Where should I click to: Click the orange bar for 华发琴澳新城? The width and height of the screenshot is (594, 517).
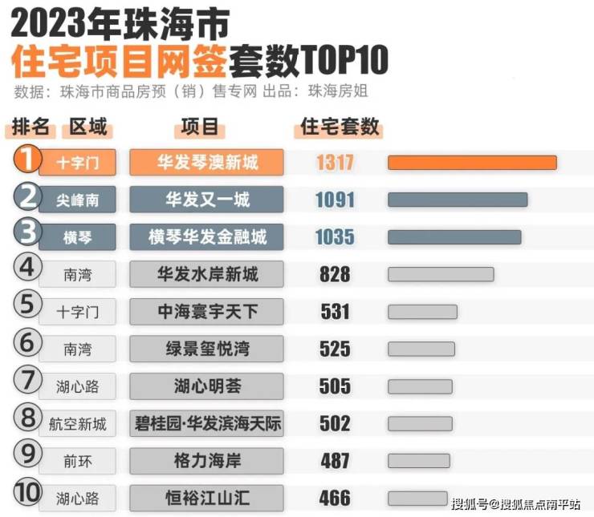pos(472,163)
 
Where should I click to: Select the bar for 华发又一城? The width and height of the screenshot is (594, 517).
pos(458,200)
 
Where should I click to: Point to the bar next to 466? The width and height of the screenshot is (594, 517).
pos(417,498)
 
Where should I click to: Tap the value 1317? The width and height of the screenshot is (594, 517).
pos(335,163)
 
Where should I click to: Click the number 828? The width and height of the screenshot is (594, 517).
pos(335,274)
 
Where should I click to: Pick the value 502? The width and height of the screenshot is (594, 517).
pos(335,423)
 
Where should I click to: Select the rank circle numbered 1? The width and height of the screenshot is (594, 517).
pos(27,160)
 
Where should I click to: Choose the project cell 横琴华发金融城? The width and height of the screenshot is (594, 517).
pos(206,237)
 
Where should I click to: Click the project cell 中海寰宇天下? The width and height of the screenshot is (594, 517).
pos(206,312)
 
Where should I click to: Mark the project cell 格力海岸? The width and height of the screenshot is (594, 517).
pos(206,461)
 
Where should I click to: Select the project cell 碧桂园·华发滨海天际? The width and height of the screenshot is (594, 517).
pos(206,423)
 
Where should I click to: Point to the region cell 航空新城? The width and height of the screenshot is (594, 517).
pos(78,423)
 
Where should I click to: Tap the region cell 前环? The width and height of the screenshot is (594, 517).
pos(78,461)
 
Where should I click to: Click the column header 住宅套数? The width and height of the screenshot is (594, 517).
pos(339,127)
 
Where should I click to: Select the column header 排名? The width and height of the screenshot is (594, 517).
pos(32,128)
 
